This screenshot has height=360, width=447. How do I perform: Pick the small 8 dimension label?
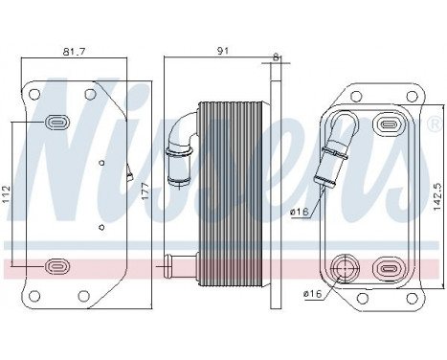[276, 57]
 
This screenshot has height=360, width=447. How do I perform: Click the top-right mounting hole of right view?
[414, 96]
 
